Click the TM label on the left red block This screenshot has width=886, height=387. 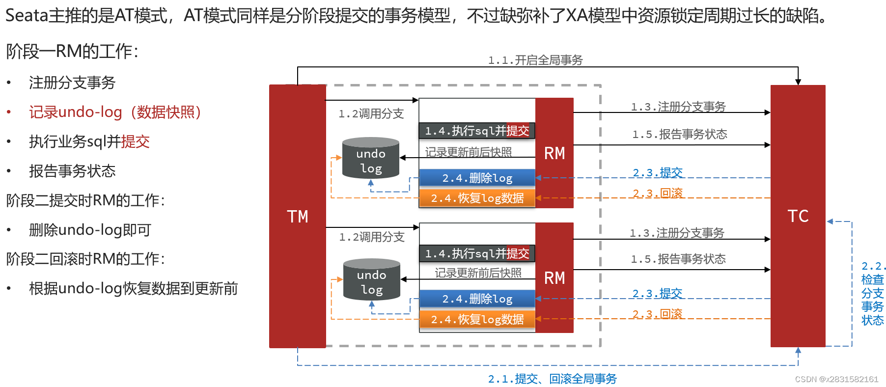point(298,217)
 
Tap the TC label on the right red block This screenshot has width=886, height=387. point(798,216)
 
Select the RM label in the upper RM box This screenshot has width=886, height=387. point(554,153)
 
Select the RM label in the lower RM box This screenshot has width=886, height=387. point(554,278)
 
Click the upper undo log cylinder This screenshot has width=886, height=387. point(371,158)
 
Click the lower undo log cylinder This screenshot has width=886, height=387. point(372,280)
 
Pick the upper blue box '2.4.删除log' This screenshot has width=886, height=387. point(477,178)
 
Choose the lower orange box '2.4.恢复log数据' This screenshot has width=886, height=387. point(477,319)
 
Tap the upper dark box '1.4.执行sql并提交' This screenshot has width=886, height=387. point(477,131)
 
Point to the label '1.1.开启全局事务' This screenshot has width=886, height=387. point(535,60)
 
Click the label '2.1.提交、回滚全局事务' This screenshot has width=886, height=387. point(552,379)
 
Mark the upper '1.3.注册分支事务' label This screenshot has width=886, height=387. point(678,107)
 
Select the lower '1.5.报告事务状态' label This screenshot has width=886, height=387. point(678,259)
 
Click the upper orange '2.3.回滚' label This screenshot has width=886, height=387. point(658,193)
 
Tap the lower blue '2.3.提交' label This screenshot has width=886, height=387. point(657,294)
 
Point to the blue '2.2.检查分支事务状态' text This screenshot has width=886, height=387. point(873,293)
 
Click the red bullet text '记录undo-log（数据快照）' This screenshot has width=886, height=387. point(115,112)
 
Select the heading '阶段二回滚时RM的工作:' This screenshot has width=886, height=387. point(85,259)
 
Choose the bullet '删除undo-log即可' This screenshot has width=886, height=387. point(90,230)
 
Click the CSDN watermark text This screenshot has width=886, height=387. point(836,379)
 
